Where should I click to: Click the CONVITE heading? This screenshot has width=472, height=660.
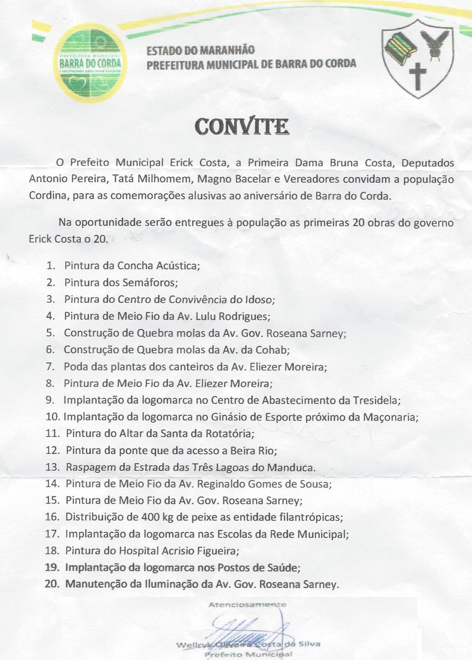pos(241,127)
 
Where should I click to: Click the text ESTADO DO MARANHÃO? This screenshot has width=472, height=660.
pos(200,50)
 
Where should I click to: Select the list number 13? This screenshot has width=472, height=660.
pos(53,467)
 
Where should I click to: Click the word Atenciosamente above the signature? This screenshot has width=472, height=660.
pos(247,604)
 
